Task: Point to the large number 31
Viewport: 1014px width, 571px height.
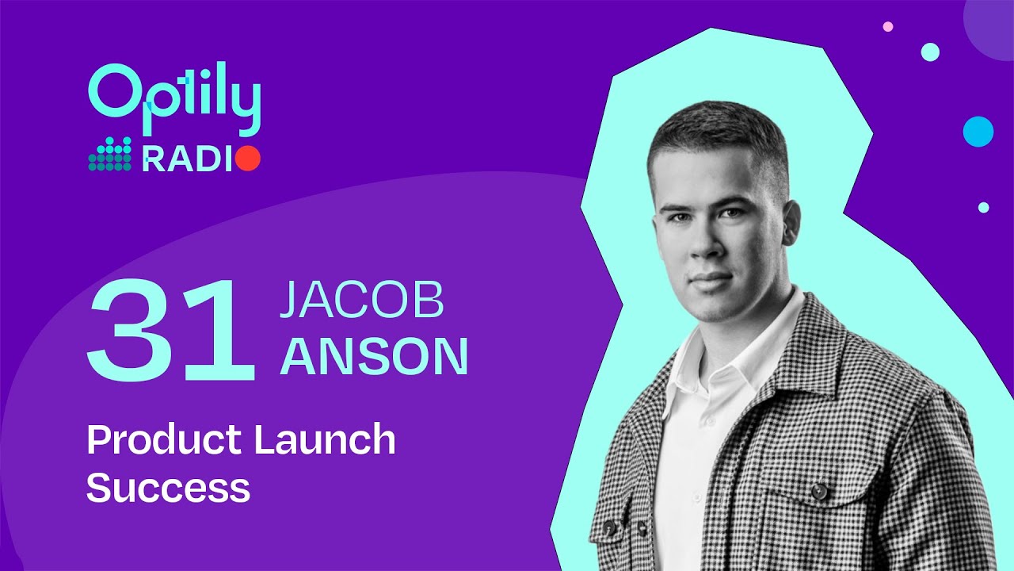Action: pyautogui.click(x=170, y=329)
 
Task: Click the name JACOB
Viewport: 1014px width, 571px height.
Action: pyautogui.click(x=361, y=301)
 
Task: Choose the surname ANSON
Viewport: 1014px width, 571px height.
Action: pyautogui.click(x=374, y=357)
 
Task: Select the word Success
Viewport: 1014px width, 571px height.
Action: pyautogui.click(x=168, y=488)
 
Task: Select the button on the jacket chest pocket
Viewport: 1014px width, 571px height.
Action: pyautogui.click(x=819, y=492)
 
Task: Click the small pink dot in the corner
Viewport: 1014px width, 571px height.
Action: pyautogui.click(x=888, y=27)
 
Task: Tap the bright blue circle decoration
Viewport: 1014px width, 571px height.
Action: pyautogui.click(x=978, y=132)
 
